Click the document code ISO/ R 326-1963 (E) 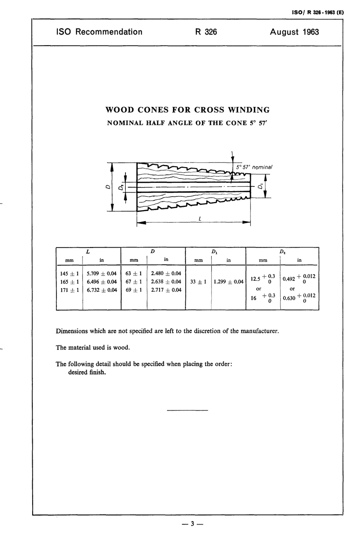(318, 12)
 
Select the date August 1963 (294, 32)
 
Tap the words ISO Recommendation (99, 32)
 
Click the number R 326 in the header (206, 32)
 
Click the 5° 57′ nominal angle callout (252, 167)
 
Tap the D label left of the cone (107, 187)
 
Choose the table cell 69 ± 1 (134, 290)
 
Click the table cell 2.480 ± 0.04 (166, 274)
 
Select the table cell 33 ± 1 (198, 282)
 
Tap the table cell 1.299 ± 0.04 (229, 282)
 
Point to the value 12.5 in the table (255, 279)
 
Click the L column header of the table (88, 251)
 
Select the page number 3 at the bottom (193, 524)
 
